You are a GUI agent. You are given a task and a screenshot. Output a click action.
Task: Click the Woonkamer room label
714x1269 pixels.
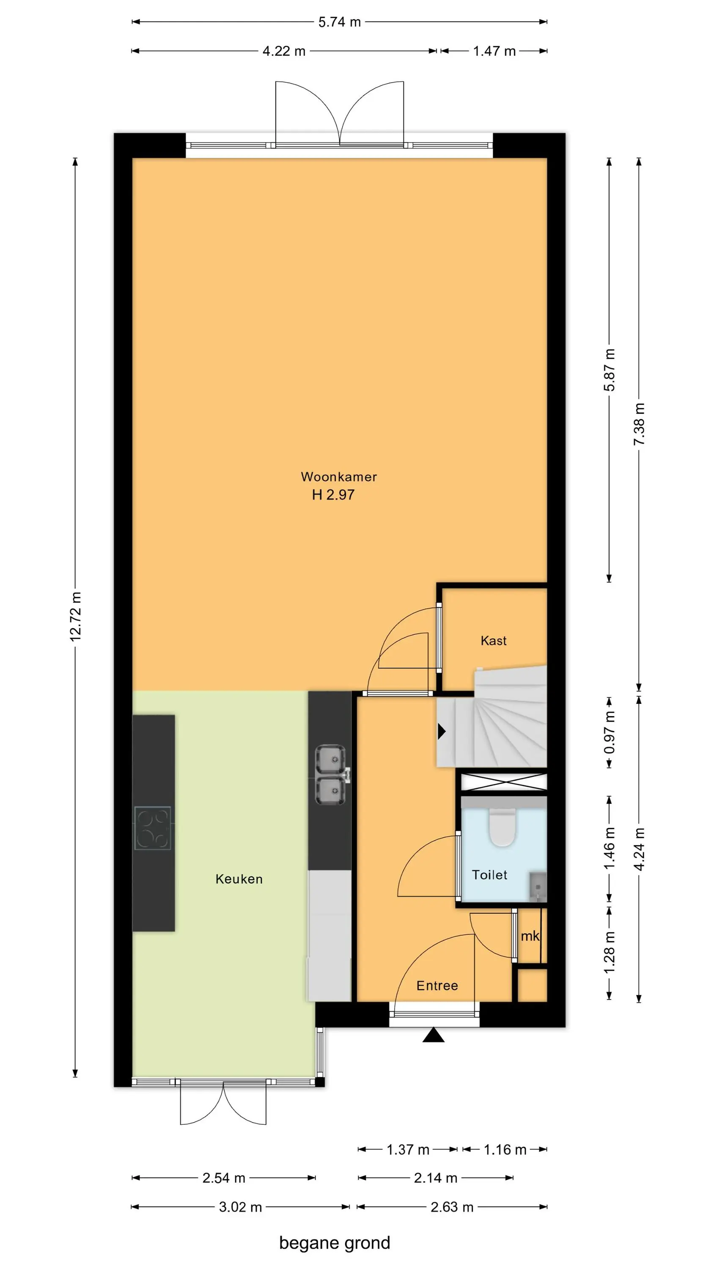click(x=339, y=477)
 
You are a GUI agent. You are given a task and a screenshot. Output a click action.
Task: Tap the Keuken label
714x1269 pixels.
click(x=239, y=879)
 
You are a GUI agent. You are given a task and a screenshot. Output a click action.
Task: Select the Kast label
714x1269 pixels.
click(x=494, y=640)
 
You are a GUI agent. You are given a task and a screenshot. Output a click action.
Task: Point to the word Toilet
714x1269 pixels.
click(x=490, y=875)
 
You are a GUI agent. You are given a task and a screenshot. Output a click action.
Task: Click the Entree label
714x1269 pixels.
click(x=437, y=985)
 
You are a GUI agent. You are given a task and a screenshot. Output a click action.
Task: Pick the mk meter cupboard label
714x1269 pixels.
click(x=530, y=936)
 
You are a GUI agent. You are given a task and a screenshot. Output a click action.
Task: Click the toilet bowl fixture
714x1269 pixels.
click(x=502, y=828)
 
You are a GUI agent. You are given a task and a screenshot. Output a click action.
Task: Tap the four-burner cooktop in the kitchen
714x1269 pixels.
click(x=153, y=828)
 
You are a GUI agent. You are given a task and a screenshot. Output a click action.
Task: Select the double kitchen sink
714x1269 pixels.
click(x=331, y=775)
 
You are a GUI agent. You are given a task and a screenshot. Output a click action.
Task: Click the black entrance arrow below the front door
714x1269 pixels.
click(x=434, y=1035)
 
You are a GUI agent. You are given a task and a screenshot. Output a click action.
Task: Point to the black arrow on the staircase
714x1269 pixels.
click(x=442, y=731)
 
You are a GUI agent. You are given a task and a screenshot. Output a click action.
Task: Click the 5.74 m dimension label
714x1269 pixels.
click(x=340, y=22)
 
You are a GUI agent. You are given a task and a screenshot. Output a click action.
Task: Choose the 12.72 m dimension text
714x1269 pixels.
click(x=75, y=617)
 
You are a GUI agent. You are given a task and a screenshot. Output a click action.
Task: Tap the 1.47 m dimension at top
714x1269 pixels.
click(x=494, y=51)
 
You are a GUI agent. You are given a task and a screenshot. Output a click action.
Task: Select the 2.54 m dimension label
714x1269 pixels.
click(x=224, y=1178)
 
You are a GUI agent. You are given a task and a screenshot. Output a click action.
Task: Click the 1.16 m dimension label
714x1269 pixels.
click(x=505, y=1150)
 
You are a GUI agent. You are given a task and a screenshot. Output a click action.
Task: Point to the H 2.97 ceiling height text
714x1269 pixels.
click(x=333, y=494)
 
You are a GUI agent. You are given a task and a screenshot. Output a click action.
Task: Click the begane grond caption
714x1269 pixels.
click(x=335, y=1242)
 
